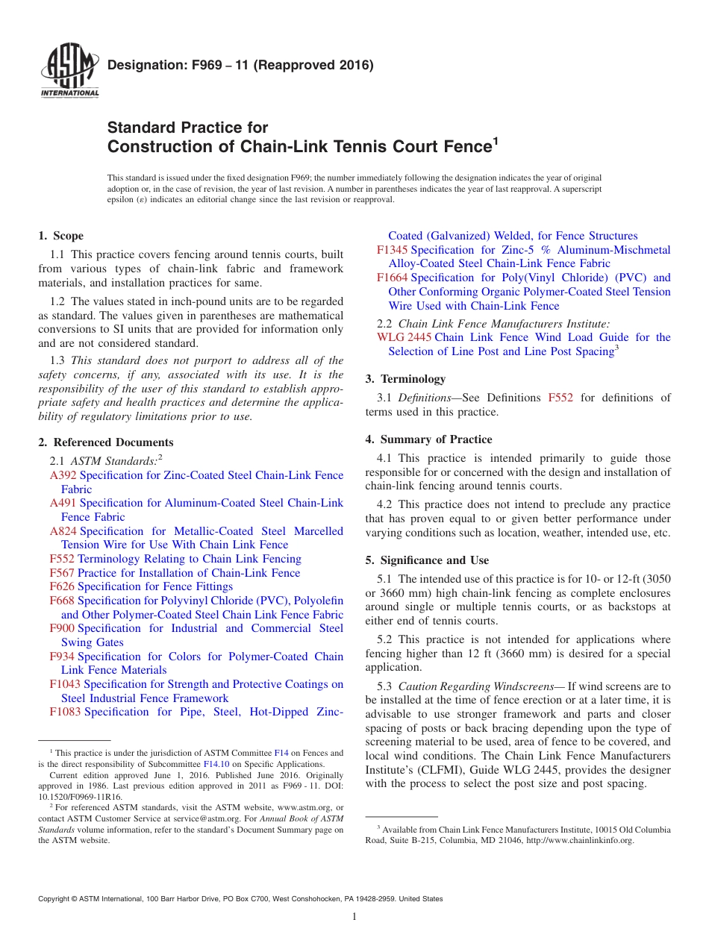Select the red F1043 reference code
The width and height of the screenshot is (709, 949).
pyautogui.click(x=66, y=684)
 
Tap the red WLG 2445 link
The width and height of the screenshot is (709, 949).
pyautogui.click(x=404, y=337)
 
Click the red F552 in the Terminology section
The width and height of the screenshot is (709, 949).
pyautogui.click(x=560, y=398)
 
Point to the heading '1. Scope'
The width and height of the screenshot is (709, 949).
pyautogui.click(x=61, y=236)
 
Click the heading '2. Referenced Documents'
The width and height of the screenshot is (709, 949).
pyautogui.click(x=106, y=442)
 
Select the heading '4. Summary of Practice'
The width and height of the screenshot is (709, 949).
pyautogui.click(x=428, y=439)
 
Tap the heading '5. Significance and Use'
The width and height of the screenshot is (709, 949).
pyautogui.click(x=427, y=560)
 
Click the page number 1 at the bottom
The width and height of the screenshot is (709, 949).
pyautogui.click(x=354, y=917)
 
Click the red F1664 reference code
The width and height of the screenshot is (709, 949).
pyautogui.click(x=392, y=278)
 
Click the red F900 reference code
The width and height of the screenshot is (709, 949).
pyautogui.click(x=62, y=628)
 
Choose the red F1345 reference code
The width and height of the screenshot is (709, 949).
pyautogui.click(x=392, y=250)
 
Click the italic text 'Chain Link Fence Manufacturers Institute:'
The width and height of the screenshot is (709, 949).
pyautogui.click(x=504, y=324)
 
